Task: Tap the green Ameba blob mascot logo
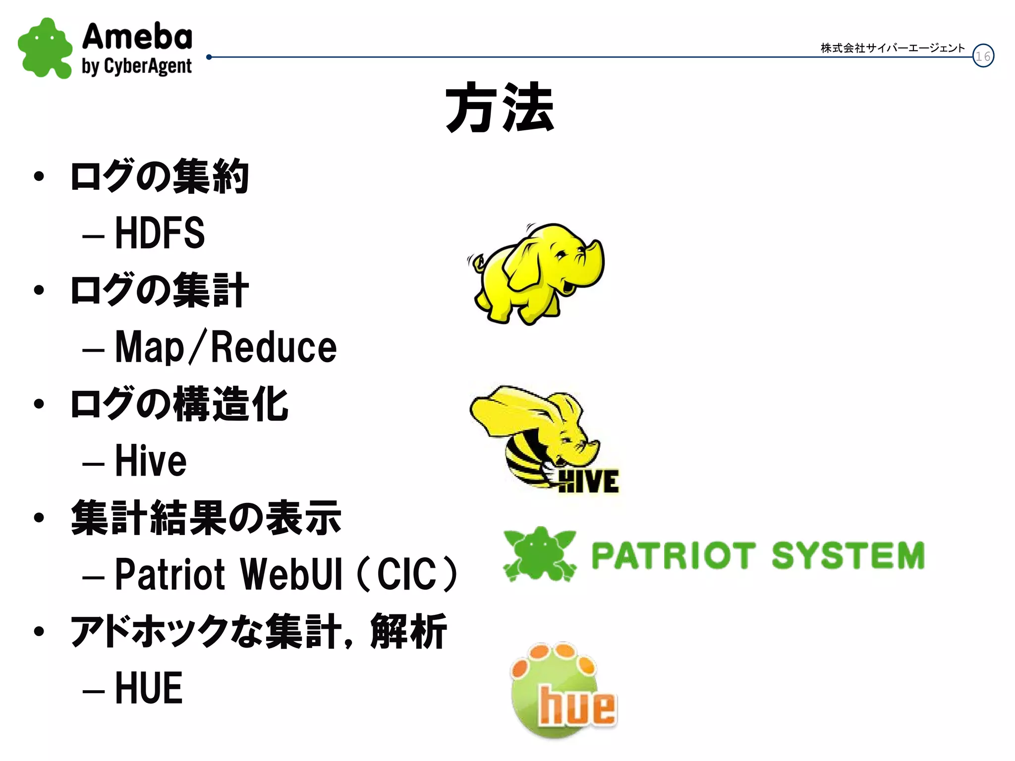[x=45, y=49]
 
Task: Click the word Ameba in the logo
[x=137, y=37]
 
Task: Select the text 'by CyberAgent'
[x=137, y=66]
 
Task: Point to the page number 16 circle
[x=983, y=56]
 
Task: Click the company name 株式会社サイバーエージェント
[x=892, y=48]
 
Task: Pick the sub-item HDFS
[x=160, y=233]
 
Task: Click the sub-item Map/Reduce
[x=226, y=347]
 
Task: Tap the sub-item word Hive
[x=151, y=461]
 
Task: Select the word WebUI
[x=291, y=574]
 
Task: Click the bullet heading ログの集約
[x=160, y=176]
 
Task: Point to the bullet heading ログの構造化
[x=179, y=404]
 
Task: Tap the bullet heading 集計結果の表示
[x=206, y=518]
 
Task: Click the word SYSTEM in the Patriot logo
[x=848, y=555]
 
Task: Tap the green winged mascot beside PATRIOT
[x=540, y=553]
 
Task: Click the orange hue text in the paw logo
[x=577, y=706]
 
